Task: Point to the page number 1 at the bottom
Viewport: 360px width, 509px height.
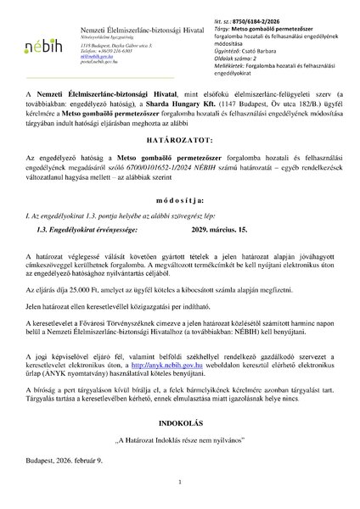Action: [x=180, y=482]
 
